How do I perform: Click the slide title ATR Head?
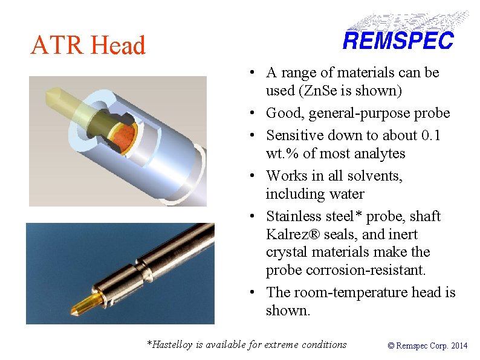click(x=88, y=45)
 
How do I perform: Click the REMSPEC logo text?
click(x=398, y=41)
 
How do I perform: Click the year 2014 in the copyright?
click(x=459, y=346)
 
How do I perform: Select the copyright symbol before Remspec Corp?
click(x=391, y=346)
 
